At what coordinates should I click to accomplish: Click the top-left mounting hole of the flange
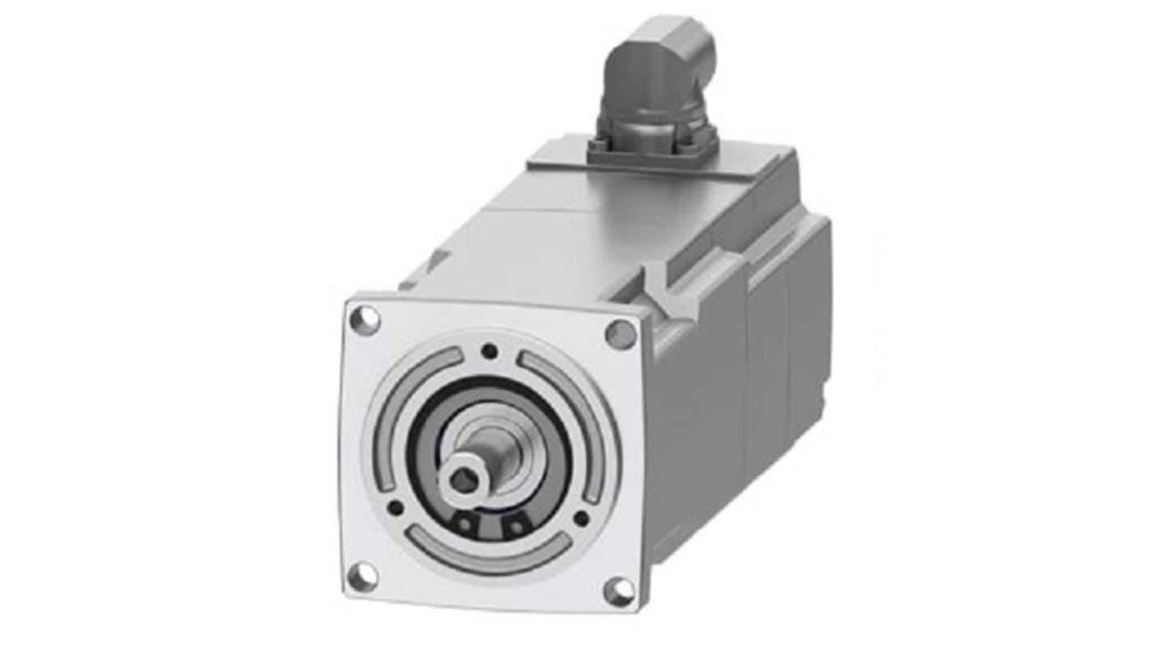[x=365, y=320]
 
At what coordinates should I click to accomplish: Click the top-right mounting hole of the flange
[x=621, y=334]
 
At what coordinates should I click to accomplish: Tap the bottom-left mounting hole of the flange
[x=362, y=576]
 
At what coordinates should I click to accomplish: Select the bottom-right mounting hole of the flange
[x=619, y=592]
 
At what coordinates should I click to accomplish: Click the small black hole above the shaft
[x=489, y=351]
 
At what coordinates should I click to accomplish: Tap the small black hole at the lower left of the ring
[x=396, y=508]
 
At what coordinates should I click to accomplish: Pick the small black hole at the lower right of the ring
[x=580, y=518]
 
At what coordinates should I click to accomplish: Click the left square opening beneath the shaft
[x=463, y=524]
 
